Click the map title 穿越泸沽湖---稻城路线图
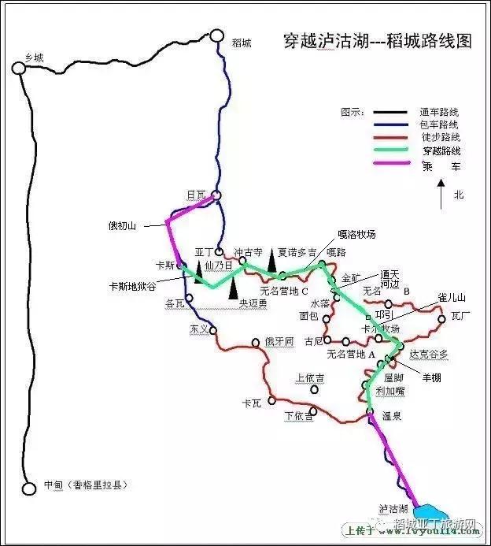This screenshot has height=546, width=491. click(377, 41)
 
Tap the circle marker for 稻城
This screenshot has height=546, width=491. click(218, 35)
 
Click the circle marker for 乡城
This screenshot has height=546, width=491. click(18, 69)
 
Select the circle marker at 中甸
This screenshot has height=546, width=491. click(29, 488)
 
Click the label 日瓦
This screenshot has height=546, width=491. click(197, 195)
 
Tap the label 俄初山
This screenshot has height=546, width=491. click(122, 226)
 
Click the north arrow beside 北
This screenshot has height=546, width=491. click(443, 194)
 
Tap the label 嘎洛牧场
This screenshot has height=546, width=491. click(356, 234)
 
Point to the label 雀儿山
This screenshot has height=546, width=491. click(452, 298)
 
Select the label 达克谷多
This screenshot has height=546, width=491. click(429, 355)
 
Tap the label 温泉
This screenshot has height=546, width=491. click(392, 417)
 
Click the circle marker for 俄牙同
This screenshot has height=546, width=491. click(256, 343)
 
